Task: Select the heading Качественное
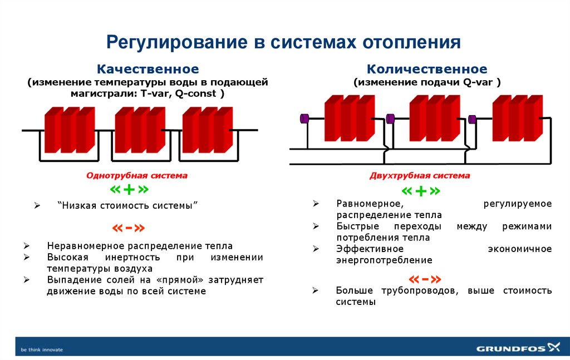148,70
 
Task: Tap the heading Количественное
426,70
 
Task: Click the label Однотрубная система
136,175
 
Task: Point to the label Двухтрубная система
420,175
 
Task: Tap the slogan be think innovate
42,349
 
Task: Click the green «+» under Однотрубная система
129,189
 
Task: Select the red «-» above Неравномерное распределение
129,228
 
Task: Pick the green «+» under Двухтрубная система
420,191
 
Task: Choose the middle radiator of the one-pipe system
139,129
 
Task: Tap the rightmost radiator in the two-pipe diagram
517,118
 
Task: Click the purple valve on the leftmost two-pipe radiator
304,118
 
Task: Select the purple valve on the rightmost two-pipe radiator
473,119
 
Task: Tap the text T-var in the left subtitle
158,94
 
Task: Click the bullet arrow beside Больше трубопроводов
315,290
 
